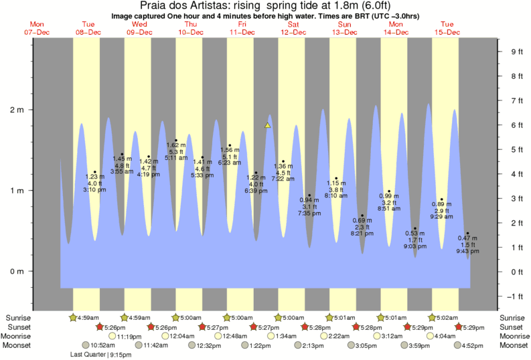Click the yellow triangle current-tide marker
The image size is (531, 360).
pyautogui.click(x=267, y=125)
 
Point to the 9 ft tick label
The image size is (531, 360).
pyautogui.click(x=516, y=52)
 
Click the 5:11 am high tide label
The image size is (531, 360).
pyautogui.click(x=175, y=158)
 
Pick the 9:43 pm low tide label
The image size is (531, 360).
pyautogui.click(x=467, y=252)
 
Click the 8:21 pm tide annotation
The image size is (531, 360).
pyautogui.click(x=362, y=234)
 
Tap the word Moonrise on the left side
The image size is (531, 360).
pyautogui.click(x=20, y=337)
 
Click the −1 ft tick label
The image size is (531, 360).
pyautogui.click(x=516, y=296)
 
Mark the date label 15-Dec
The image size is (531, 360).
pyautogui.click(x=447, y=31)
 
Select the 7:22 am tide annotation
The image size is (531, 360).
pyautogui.click(x=283, y=179)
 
